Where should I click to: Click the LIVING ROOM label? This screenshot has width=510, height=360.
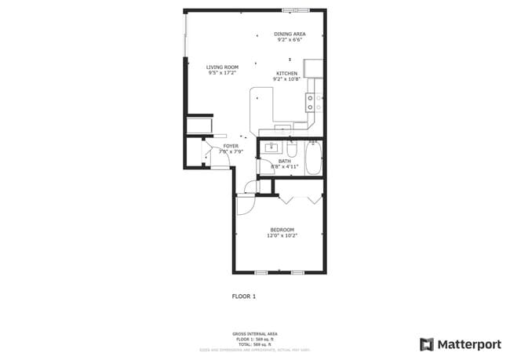click(222, 67)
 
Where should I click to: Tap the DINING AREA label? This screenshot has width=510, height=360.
click(290, 35)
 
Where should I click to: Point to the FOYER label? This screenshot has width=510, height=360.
click(231, 146)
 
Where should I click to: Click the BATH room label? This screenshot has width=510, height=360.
click(284, 162)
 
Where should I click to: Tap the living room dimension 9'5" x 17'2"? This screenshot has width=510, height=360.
click(222, 73)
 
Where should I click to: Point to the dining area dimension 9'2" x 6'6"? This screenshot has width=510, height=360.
click(290, 40)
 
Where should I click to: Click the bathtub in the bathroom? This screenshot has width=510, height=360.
click(313, 158)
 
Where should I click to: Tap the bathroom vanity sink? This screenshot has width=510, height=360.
click(271, 147)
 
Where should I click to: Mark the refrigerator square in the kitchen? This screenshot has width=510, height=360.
click(313, 68)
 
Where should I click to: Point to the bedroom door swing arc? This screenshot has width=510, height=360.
click(244, 205)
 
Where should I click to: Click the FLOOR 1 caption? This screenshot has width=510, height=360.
click(244, 296)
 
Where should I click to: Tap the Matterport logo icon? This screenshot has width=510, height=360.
click(427, 344)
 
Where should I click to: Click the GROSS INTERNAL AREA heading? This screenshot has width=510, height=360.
click(255, 333)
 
